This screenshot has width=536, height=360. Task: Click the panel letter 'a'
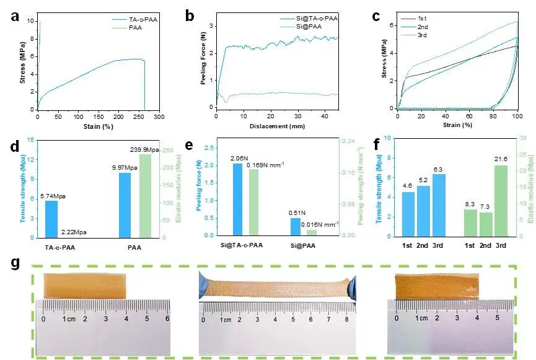[x=14, y=17]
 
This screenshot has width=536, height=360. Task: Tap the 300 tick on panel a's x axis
[x=159, y=116]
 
